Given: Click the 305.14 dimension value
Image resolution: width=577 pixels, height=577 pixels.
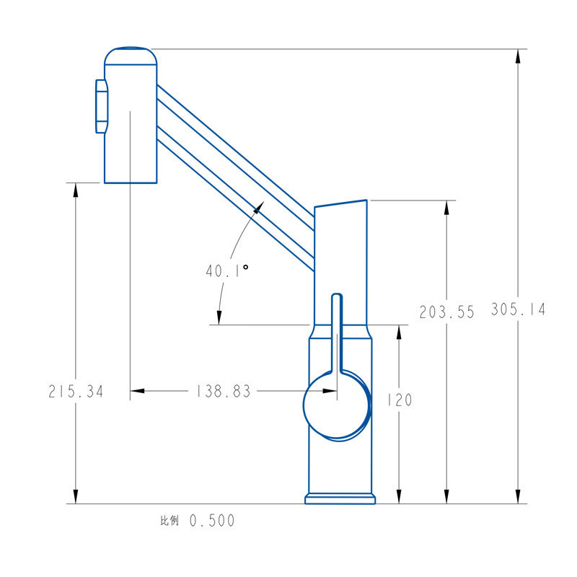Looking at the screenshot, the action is click(518, 309).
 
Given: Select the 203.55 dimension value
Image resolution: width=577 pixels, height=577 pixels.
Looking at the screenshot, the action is click(446, 312).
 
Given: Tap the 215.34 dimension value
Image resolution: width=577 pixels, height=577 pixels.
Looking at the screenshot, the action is click(76, 391).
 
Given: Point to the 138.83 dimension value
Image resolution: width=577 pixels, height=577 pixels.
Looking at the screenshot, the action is click(223, 391).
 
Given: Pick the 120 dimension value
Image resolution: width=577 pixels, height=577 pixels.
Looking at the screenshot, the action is click(400, 400).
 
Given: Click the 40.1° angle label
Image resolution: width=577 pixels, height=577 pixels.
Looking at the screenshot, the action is click(227, 271).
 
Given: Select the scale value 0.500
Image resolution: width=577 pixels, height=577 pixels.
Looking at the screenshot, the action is click(212, 521).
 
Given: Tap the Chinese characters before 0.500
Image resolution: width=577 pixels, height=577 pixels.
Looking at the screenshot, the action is click(169, 520).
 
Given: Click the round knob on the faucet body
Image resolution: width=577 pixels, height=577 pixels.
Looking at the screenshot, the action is click(336, 405).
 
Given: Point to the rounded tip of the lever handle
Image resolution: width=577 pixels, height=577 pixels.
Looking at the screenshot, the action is click(337, 296).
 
